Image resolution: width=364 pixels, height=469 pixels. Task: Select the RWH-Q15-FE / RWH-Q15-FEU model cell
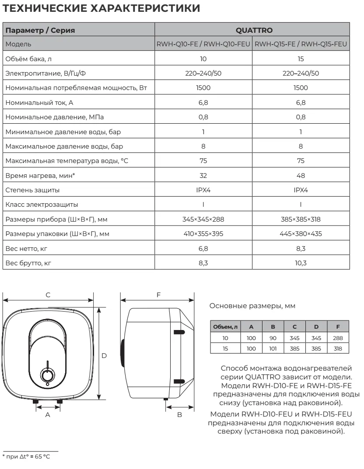pyautogui.click(x=301, y=44)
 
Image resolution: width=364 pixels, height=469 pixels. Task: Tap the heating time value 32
pyautogui.click(x=203, y=176)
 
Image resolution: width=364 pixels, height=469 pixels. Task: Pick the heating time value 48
pyautogui.click(x=301, y=176)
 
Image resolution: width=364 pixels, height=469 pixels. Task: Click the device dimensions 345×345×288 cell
pyautogui.click(x=203, y=219)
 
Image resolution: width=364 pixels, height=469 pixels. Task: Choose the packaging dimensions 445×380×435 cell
pyautogui.click(x=301, y=233)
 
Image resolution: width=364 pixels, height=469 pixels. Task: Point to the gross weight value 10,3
pyautogui.click(x=301, y=263)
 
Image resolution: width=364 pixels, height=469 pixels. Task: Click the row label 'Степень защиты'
pyautogui.click(x=33, y=191)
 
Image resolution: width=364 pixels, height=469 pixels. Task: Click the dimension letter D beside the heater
pyautogui.click(x=104, y=356)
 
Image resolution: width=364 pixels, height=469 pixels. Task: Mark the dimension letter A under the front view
pyautogui.click(x=48, y=414)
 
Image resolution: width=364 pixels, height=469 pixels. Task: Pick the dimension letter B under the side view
pyautogui.click(x=179, y=414)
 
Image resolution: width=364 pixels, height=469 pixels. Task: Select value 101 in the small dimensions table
pyautogui.click(x=273, y=348)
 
